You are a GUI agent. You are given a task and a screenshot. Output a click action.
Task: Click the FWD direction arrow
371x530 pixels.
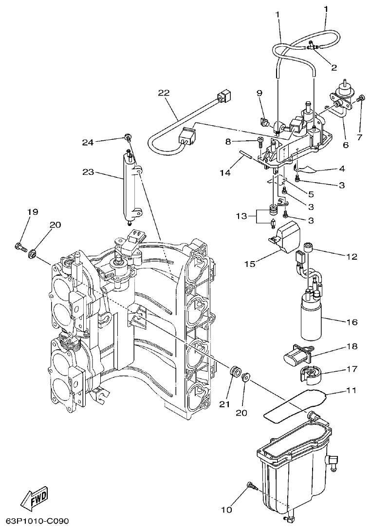(34, 497)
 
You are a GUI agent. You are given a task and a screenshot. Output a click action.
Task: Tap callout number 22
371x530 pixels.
(163, 93)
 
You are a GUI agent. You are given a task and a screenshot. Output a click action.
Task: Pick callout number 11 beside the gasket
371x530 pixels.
(351, 390)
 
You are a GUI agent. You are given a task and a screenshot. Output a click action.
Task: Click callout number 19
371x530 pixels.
(32, 212)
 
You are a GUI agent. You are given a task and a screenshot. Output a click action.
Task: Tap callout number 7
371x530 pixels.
(360, 137)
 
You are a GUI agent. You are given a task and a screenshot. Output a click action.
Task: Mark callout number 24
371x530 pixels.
(88, 142)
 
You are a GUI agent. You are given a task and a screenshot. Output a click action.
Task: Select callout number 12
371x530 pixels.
(351, 256)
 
